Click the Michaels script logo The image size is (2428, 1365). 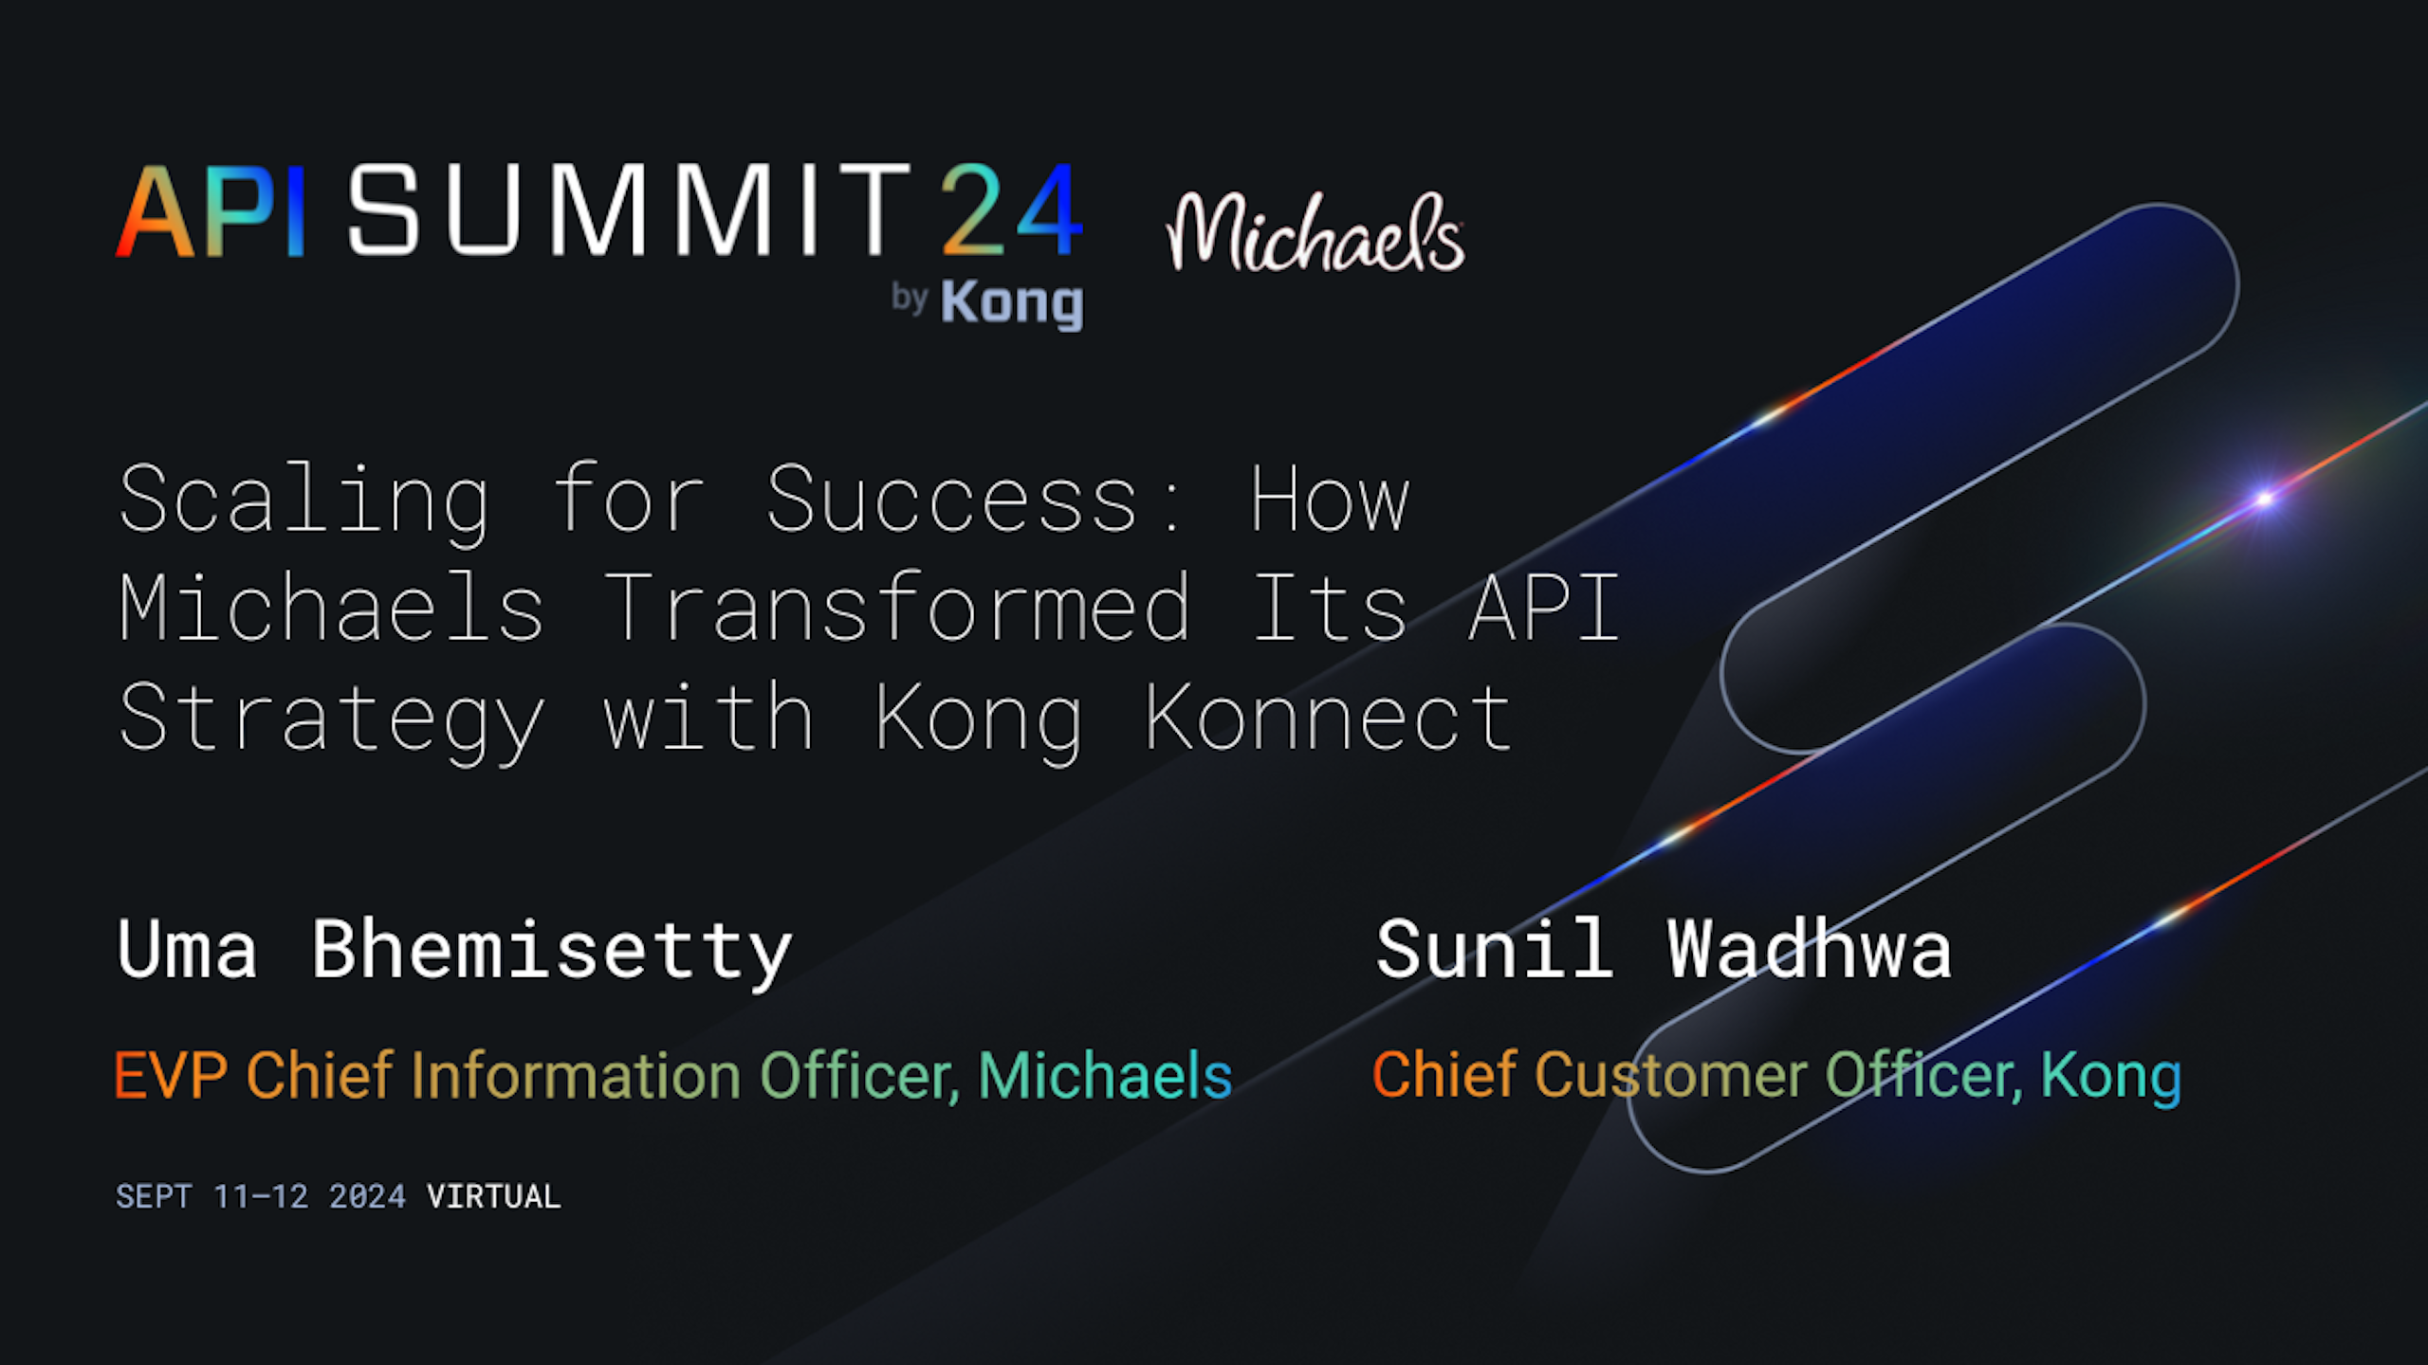point(1315,232)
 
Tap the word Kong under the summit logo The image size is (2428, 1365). point(1012,304)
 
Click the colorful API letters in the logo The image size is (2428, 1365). point(211,210)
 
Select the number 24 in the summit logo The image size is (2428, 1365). point(1011,209)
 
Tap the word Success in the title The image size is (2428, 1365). point(951,500)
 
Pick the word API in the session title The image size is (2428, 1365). point(1544,608)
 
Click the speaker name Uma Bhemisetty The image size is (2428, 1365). point(454,952)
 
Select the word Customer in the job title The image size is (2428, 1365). point(1671,1075)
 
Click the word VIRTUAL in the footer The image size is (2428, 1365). point(494,1196)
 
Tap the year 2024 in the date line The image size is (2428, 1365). point(367,1196)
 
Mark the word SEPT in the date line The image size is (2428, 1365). point(154,1196)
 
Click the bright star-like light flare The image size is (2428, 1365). point(2265,499)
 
